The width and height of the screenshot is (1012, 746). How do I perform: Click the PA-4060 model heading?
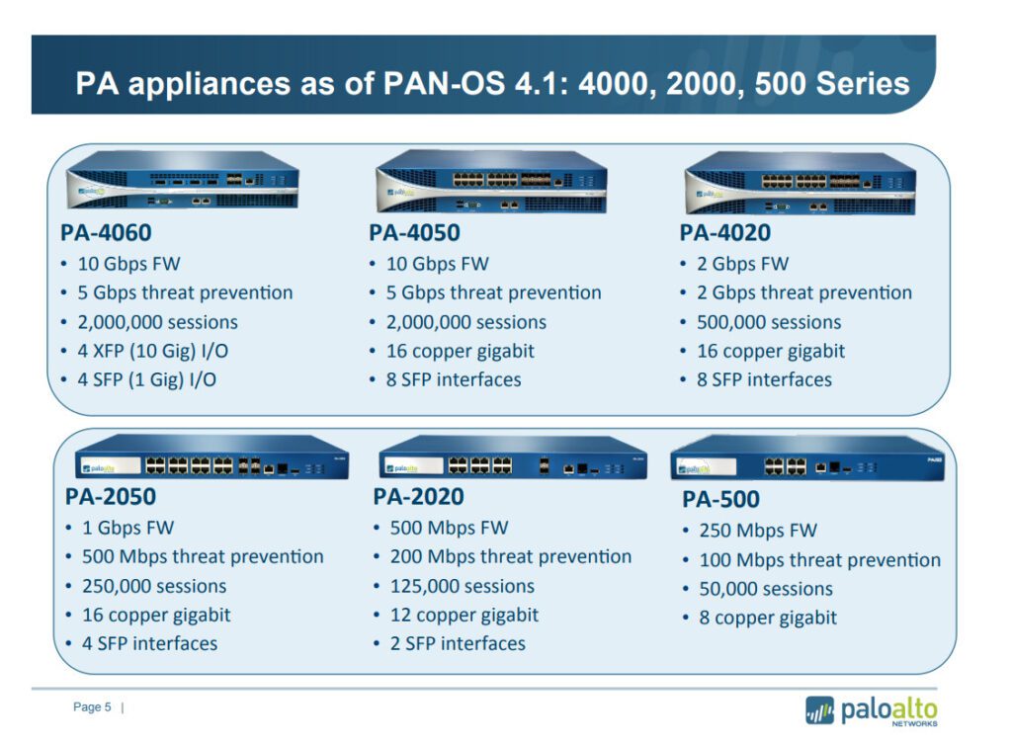[x=106, y=232]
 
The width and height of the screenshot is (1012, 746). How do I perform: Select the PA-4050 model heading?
[x=414, y=232]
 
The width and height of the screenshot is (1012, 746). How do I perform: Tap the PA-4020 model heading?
[x=724, y=232]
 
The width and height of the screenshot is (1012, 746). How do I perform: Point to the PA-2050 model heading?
[x=111, y=496]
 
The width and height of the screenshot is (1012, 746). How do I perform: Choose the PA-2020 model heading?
[x=418, y=496]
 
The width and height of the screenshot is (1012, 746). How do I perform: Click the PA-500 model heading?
[x=720, y=499]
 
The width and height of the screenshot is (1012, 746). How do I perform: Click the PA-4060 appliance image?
[x=182, y=180]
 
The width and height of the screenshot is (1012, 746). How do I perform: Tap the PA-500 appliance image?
[x=807, y=458]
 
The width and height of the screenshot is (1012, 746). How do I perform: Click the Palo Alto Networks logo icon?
[x=819, y=710]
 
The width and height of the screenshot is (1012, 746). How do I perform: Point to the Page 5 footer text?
[x=92, y=707]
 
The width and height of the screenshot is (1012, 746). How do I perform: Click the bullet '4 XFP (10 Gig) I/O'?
[x=153, y=351]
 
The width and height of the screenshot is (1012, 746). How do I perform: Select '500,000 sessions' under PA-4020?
[x=769, y=322]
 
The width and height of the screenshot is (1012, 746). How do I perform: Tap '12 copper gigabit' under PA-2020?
[x=464, y=615]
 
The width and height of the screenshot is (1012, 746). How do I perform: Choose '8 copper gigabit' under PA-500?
[x=768, y=618]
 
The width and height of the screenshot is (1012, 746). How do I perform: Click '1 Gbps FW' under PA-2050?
[x=127, y=528]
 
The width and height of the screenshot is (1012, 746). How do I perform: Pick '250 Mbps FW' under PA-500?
[x=758, y=531]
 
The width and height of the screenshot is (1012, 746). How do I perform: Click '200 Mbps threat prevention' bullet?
[x=511, y=557]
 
